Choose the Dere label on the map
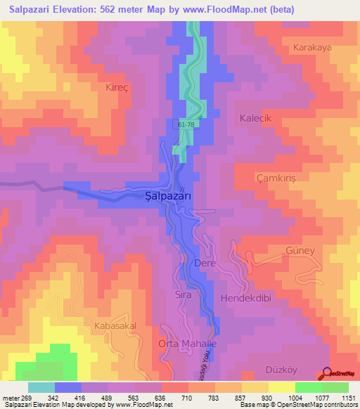coord(203,264)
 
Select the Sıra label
coord(183,295)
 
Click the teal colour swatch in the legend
coord(41,387)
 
